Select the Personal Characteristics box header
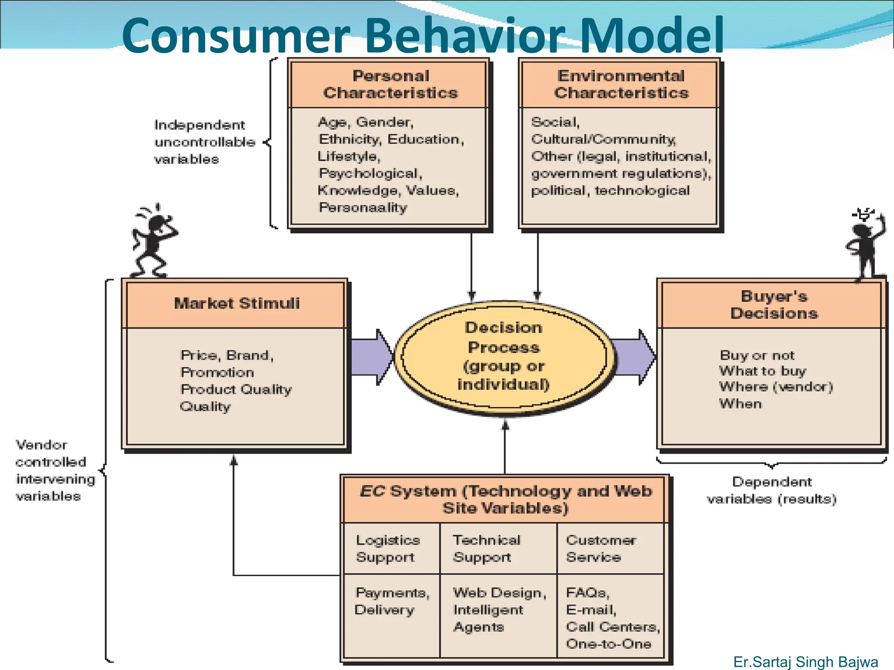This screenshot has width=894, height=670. pyautogui.click(x=390, y=84)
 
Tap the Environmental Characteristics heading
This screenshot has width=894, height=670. pyautogui.click(x=621, y=84)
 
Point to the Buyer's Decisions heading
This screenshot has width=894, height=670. pyautogui.click(x=774, y=304)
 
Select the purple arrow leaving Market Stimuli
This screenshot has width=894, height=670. pyautogui.click(x=371, y=357)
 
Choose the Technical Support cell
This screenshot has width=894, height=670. pyautogui.click(x=487, y=548)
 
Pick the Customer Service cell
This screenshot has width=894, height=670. pyautogui.click(x=602, y=548)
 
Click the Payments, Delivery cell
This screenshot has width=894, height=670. pyautogui.click(x=392, y=601)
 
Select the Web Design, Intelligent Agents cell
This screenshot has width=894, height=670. pyautogui.click(x=499, y=610)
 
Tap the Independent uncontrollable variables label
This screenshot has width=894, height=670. pyautogui.click(x=204, y=142)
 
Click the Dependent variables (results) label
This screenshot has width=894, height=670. pyautogui.click(x=772, y=490)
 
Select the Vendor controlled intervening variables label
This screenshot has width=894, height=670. pyautogui.click(x=55, y=470)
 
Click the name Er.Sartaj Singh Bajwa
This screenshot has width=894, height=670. pyautogui.click(x=805, y=662)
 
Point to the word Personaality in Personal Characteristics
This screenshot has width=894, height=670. pyautogui.click(x=363, y=208)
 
